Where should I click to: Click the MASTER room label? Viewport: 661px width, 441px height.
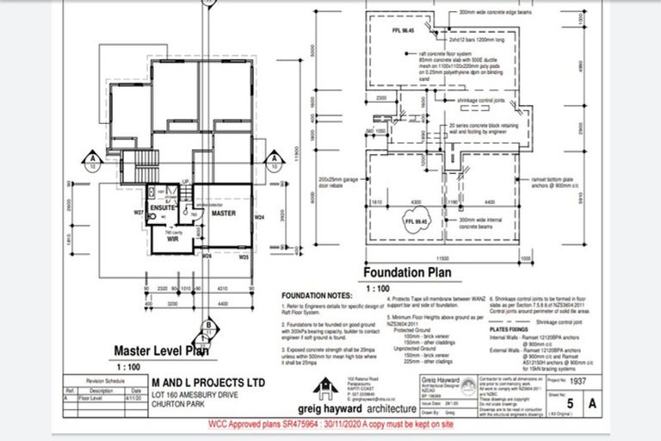pyautogui.click(x=223, y=212)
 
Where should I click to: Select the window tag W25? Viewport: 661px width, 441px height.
pyautogui.click(x=244, y=257)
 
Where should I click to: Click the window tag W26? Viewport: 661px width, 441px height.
pyautogui.click(x=207, y=256)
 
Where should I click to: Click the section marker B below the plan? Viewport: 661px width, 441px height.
pyautogui.click(x=207, y=325)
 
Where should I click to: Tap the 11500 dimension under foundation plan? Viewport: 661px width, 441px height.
pyautogui.click(x=443, y=258)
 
